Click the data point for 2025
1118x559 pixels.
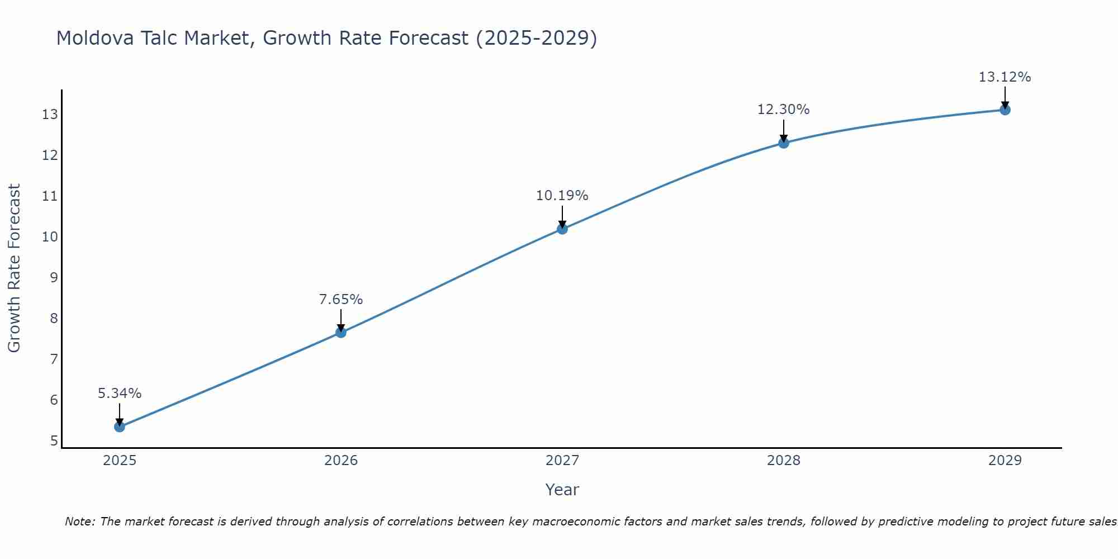(120, 427)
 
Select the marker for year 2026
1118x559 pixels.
(341, 333)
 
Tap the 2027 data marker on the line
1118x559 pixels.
(562, 229)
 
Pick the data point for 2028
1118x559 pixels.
(784, 143)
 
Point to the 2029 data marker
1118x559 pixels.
(1005, 110)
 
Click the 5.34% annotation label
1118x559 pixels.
(120, 394)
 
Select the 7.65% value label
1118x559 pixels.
(341, 300)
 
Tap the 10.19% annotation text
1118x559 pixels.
(562, 196)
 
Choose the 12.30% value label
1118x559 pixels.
(784, 110)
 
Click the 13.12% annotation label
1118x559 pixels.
(1005, 77)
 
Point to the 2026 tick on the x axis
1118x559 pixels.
(341, 461)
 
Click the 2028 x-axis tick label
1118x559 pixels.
(784, 461)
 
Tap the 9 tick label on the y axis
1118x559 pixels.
(54, 277)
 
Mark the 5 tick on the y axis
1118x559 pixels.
(54, 440)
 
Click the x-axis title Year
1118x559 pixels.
(562, 490)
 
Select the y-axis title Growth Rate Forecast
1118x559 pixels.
(15, 268)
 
